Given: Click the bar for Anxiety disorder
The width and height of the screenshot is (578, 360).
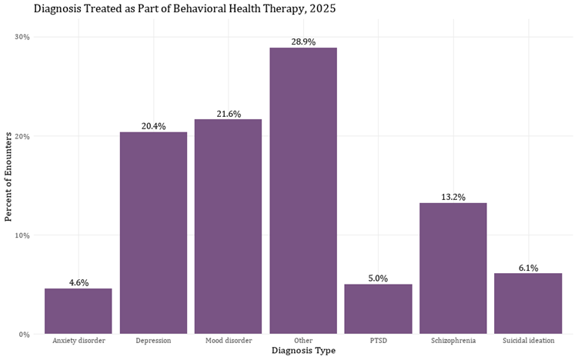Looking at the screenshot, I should pos(78,312).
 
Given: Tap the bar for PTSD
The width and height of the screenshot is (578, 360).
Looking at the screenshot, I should pos(378,309).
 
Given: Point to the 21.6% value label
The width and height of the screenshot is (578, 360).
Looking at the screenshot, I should pos(228,114).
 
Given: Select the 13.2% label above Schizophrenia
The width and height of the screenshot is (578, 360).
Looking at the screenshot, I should pos(453,197).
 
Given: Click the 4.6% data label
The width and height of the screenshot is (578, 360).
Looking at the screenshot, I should pos(79,282).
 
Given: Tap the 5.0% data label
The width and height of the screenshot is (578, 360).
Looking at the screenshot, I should pos(378,278).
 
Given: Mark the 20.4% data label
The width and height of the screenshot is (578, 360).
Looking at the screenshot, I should pos(153,126).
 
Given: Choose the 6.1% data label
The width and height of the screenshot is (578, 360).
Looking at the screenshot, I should pos(528,268).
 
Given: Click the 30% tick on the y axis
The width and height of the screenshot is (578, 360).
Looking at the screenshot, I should pos(22,37).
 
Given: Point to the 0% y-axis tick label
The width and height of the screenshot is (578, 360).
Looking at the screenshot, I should pos(24,335).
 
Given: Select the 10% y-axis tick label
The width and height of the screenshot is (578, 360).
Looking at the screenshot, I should pos(22,235).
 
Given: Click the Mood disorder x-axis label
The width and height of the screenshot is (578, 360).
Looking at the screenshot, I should pos(228,340).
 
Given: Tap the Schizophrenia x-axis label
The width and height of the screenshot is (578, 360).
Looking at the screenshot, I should pos(453,340).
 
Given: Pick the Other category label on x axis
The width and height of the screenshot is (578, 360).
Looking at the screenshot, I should pos(303,340).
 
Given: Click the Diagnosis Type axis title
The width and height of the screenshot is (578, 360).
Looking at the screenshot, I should pos(303,351).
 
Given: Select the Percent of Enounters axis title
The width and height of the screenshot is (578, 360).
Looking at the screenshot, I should pos(9,177).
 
